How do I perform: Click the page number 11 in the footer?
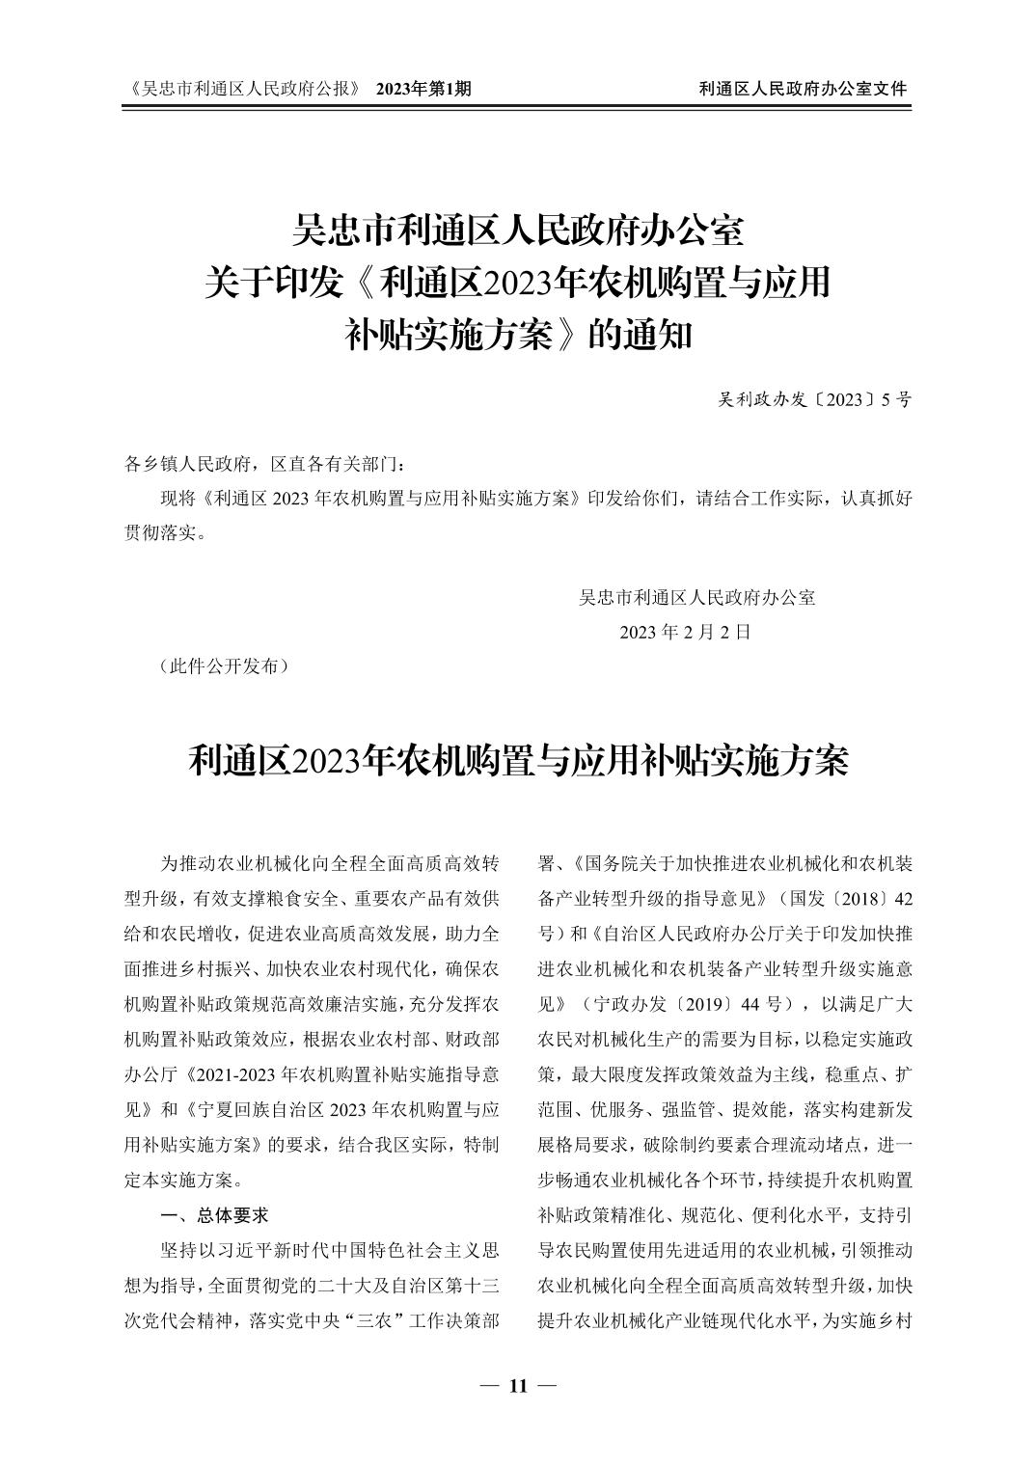tap(518, 1387)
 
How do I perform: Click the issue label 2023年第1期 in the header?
tap(423, 89)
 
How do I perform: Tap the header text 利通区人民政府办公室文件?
tap(803, 89)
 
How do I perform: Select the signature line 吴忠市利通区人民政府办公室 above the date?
tap(696, 598)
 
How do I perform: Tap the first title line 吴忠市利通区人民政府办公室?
tap(518, 232)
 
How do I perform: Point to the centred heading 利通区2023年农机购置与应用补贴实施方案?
tap(518, 761)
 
